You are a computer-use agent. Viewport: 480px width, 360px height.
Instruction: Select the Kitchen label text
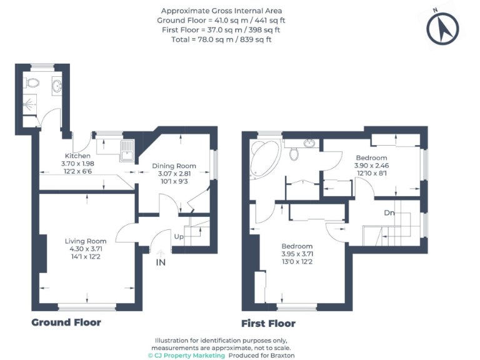[78, 156]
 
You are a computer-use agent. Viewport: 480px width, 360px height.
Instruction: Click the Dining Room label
[174, 166]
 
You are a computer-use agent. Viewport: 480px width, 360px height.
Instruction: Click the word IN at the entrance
[161, 262]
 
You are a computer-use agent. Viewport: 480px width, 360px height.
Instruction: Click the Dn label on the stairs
[389, 212]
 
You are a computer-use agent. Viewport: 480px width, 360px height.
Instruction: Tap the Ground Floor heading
[66, 322]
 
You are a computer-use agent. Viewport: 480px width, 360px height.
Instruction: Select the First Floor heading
[268, 324]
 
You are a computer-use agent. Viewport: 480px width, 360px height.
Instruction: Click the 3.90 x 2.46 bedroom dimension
[372, 166]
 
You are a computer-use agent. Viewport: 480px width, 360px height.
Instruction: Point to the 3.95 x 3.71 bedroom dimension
[297, 254]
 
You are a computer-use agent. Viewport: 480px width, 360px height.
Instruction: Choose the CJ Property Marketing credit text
[186, 355]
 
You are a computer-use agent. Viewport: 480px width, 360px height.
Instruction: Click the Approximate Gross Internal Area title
[221, 11]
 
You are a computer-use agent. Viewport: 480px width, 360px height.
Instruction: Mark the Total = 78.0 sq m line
[221, 39]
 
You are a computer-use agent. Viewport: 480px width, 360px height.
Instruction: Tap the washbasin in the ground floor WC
[57, 86]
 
